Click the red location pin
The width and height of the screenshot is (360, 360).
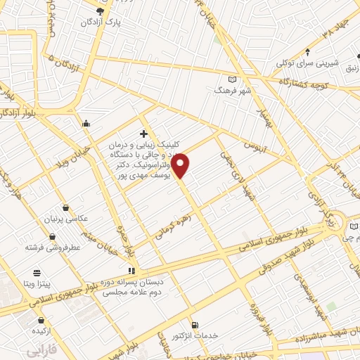[x=181, y=165]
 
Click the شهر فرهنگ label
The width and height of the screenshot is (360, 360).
[x=233, y=91]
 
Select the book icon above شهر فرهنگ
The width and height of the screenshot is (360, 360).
[x=233, y=79]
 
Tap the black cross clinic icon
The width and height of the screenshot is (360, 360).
[x=143, y=134]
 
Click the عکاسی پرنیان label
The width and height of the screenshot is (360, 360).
[x=65, y=219]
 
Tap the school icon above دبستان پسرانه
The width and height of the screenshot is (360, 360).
[x=131, y=270]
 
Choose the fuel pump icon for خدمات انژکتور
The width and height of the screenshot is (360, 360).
[x=195, y=324]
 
